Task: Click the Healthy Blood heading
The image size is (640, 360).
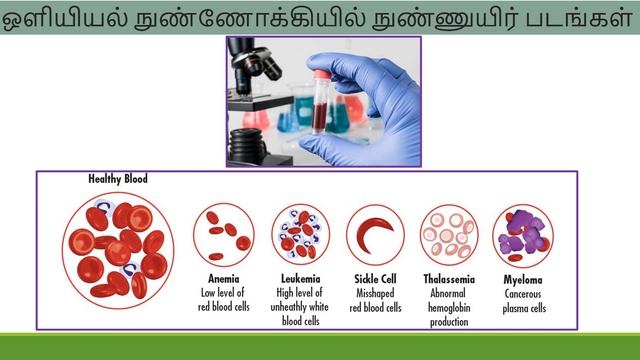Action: click(118, 179)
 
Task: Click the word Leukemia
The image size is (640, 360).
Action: click(300, 278)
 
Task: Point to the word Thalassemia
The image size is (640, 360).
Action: click(449, 278)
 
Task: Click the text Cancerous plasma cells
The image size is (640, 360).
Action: click(524, 303)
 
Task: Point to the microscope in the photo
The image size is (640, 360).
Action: click(256, 80)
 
